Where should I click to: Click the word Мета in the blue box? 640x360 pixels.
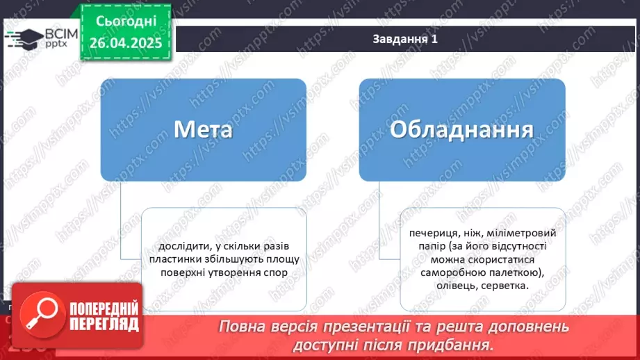pyautogui.click(x=202, y=130)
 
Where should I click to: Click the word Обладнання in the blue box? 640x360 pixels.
pyautogui.click(x=461, y=130)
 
